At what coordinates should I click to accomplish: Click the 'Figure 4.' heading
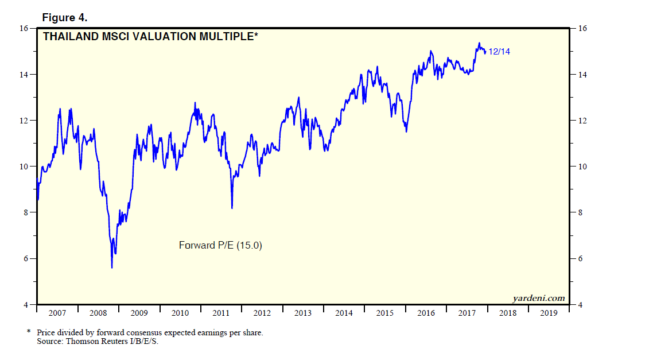point(64,18)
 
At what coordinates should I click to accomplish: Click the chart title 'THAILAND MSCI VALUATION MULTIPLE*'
point(151,37)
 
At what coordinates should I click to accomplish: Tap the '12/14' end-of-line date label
point(499,52)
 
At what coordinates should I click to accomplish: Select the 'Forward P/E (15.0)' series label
point(221,245)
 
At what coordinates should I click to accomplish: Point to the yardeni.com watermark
point(538,298)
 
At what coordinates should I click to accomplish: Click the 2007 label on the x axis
point(57,313)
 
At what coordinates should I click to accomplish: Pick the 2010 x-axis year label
point(180,313)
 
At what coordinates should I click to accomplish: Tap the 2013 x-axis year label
point(303,313)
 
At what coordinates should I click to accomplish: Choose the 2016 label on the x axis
point(426,313)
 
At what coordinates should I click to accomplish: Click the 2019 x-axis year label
point(549,313)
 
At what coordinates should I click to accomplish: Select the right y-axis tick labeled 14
point(581,75)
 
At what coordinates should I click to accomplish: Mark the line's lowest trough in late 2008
point(112,267)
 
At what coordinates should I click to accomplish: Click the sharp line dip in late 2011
point(232,207)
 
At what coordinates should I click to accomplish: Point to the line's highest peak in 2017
point(479,43)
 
